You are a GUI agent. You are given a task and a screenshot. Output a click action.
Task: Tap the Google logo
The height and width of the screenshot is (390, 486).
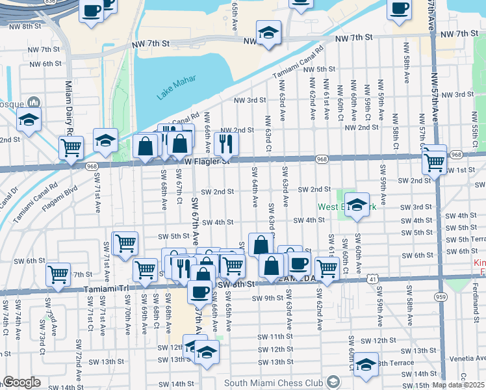click(x=21, y=382)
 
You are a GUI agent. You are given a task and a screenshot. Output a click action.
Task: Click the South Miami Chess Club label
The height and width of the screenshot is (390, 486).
click(x=274, y=382)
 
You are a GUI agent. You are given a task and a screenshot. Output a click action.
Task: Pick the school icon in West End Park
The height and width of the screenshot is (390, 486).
click(x=357, y=205)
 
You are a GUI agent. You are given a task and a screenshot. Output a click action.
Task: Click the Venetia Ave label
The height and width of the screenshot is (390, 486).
click(x=461, y=357)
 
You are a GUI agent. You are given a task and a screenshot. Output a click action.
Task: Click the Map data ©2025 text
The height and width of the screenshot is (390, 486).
click(x=458, y=385)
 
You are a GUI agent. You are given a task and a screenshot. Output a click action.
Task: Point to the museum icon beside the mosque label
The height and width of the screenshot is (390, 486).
click(x=34, y=103)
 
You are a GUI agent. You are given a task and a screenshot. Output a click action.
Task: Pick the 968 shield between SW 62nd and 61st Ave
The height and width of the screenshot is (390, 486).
click(x=322, y=159)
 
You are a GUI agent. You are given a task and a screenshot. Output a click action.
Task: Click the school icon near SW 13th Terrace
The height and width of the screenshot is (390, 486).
click(x=366, y=365)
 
